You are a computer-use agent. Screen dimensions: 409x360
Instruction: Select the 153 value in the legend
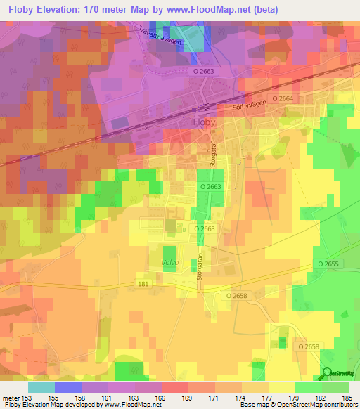pos(27,398)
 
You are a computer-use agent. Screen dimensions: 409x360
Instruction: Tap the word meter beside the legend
pos(11,398)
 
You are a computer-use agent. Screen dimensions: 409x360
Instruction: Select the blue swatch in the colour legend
pos(67,387)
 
